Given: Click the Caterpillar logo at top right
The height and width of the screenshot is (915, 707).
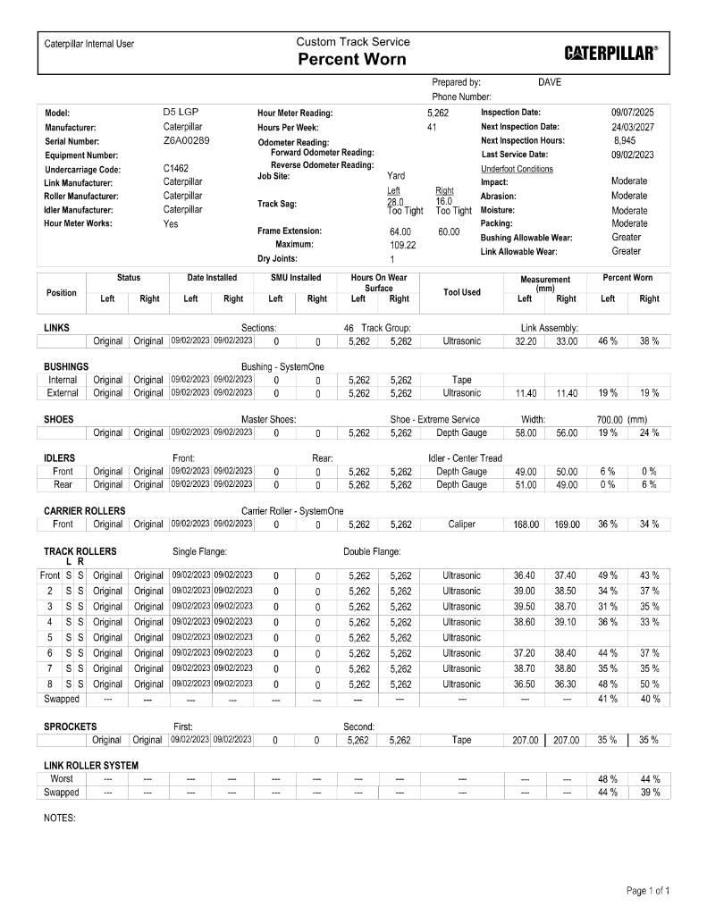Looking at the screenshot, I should tap(611, 52).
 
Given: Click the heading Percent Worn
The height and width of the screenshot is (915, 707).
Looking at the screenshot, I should tap(352, 60).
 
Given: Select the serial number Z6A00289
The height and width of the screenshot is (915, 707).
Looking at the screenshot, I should tap(186, 141).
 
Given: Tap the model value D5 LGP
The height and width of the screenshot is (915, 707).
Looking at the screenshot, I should tap(181, 113).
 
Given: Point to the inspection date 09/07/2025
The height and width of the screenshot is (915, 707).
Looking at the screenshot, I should tap(632, 113).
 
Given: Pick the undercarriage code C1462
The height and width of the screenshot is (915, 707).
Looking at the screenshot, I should tap(176, 168).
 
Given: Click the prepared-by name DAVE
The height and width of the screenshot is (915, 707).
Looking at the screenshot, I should tap(550, 82).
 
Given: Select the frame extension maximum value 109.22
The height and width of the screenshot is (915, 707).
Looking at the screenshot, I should tap(403, 245).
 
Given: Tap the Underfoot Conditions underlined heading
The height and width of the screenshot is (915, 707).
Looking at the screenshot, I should tap(517, 169).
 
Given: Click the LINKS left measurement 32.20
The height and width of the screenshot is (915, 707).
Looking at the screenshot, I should tap(526, 341).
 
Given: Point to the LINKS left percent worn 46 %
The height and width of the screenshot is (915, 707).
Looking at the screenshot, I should tap(608, 341).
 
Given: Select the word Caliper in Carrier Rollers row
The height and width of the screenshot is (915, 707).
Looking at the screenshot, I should tap(461, 525).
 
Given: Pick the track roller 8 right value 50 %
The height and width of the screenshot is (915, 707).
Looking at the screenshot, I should tap(649, 684).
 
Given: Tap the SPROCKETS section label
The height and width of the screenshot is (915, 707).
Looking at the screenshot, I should tap(71, 726).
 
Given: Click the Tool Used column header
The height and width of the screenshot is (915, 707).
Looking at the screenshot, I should tap(461, 292).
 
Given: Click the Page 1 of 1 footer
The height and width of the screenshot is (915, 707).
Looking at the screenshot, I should tap(648, 891).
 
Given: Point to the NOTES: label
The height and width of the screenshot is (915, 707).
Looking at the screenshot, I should tap(59, 818).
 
